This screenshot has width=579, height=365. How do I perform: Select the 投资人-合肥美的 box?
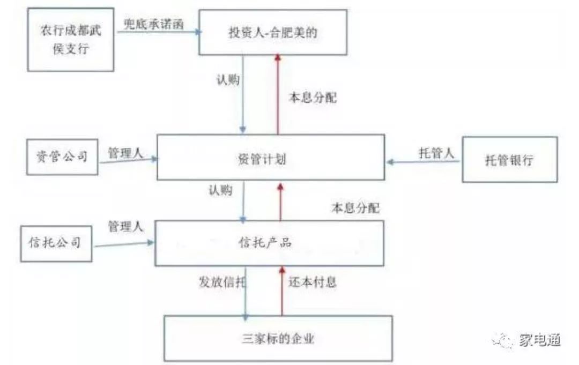277,32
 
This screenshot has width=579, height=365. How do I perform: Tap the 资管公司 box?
62,156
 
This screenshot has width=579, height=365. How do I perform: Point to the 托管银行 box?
509,159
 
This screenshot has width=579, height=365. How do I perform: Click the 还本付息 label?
313,282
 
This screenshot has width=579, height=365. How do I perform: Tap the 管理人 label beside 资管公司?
125,153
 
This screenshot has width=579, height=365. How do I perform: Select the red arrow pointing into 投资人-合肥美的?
278,94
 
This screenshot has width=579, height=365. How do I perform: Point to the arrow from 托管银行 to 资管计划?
424,161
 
